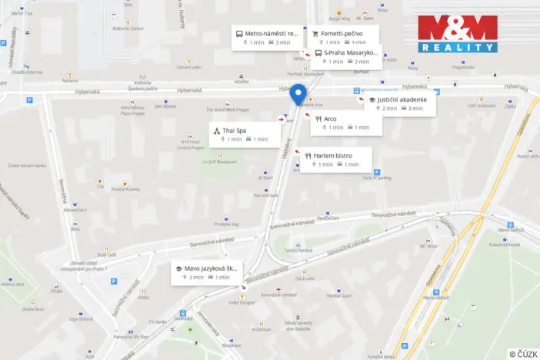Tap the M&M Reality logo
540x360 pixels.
click(x=458, y=34)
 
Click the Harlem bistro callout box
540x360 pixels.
click(x=335, y=159)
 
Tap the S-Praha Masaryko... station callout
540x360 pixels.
click(x=346, y=56)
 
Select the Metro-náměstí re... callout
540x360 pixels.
click(x=267, y=38)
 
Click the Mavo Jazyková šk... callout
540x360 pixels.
click(x=207, y=272)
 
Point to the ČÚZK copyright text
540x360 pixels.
click(x=523, y=353)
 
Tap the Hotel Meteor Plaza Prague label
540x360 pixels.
click(x=132, y=109)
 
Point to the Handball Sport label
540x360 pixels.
click(x=338, y=295)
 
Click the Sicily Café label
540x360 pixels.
click(x=107, y=254)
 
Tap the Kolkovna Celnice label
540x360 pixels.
click(x=128, y=28)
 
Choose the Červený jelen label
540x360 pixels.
click(x=189, y=67)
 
